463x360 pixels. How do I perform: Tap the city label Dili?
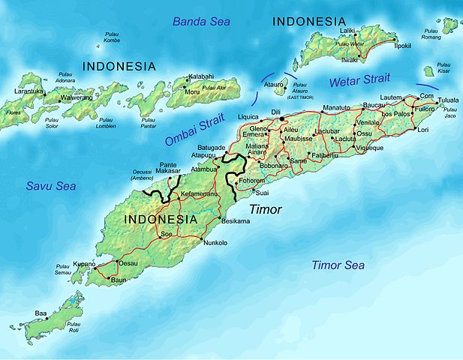point(275,112)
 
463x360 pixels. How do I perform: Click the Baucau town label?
point(373,105)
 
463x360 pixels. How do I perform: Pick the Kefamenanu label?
point(197,193)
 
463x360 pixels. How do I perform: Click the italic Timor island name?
point(265,210)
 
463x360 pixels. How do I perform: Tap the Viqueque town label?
point(368,148)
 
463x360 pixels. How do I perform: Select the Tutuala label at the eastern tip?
point(449,98)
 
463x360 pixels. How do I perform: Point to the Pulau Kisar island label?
point(445,72)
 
